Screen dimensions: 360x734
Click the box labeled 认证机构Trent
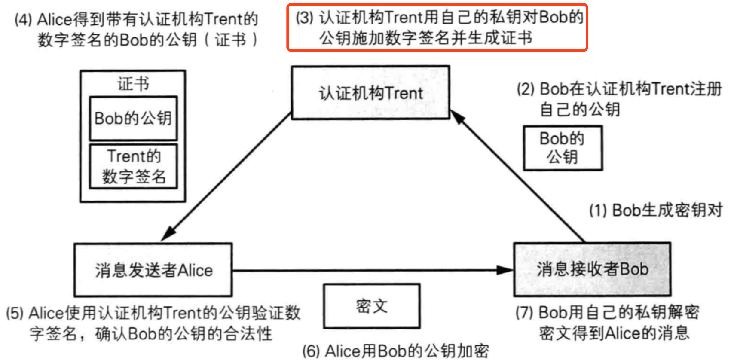pyautogui.click(x=370, y=92)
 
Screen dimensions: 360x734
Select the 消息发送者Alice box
pyautogui.click(x=153, y=270)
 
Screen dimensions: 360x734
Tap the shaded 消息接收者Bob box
pyautogui.click(x=592, y=269)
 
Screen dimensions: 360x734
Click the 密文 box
pyautogui.click(x=372, y=306)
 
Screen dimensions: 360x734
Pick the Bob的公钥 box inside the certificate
pyautogui.click(x=133, y=118)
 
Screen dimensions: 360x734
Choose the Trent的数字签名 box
pyautogui.click(x=133, y=167)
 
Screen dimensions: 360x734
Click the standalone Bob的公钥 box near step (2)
pyautogui.click(x=563, y=148)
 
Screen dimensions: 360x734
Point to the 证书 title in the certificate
pyautogui.click(x=133, y=84)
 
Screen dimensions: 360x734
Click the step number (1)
pyautogui.click(x=598, y=211)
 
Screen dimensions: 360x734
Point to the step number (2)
pyautogui.click(x=525, y=89)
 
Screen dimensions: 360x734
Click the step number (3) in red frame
pyautogui.click(x=305, y=18)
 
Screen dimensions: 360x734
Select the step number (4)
pyautogui.click(x=23, y=20)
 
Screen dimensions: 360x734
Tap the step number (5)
pyautogui.click(x=15, y=313)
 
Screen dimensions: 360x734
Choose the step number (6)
pyautogui.click(x=311, y=351)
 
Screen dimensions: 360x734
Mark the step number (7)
pyautogui.click(x=524, y=312)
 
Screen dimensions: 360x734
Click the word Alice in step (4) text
pyautogui.click(x=54, y=20)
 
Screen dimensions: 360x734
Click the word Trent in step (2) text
pyautogui.click(x=670, y=89)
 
